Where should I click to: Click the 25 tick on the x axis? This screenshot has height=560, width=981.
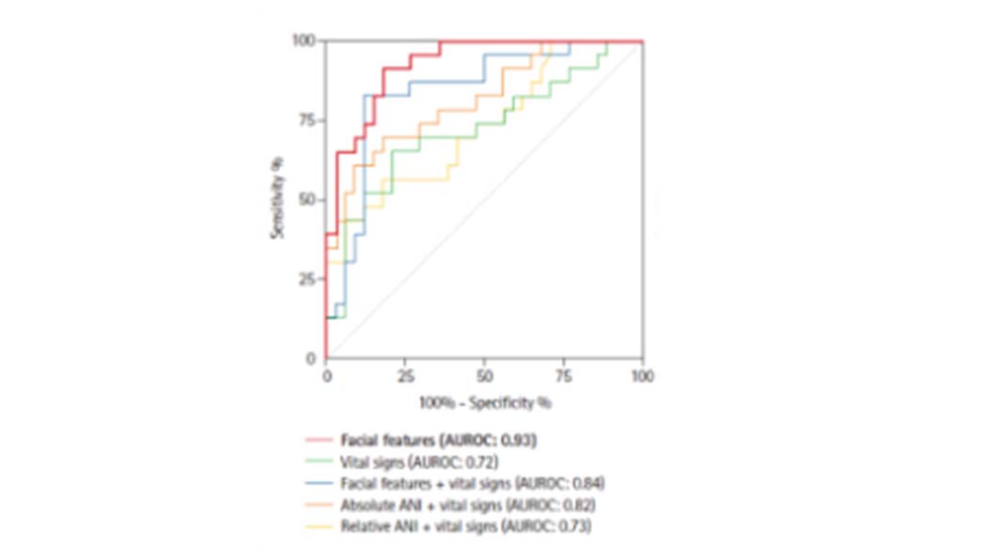[x=405, y=376]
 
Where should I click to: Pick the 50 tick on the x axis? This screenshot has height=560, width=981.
[x=484, y=376]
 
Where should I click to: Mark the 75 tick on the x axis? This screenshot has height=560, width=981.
[x=564, y=376]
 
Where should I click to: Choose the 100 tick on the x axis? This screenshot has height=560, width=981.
[x=643, y=376]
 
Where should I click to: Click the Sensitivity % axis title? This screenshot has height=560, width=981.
[x=278, y=198]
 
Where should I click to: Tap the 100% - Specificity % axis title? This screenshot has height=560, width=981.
[x=484, y=404]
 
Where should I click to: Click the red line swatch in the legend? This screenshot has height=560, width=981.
[x=319, y=439]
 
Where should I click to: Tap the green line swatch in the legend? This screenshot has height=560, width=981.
[x=319, y=461]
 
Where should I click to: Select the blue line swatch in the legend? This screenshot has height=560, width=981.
[x=319, y=483]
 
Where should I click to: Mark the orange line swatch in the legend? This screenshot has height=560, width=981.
[x=319, y=506]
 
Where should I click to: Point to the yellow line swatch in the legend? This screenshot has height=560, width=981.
[x=319, y=527]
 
